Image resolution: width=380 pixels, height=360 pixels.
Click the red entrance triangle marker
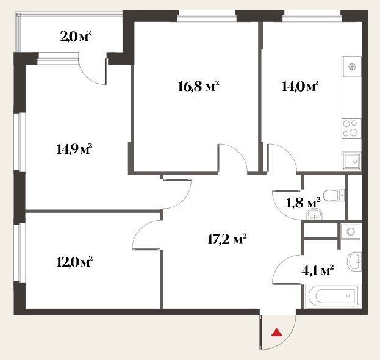point(277,333)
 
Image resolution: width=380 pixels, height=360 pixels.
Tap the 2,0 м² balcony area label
point(76,37)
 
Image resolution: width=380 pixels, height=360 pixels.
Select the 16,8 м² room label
point(198,86)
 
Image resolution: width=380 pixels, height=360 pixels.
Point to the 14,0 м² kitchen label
point(300,86)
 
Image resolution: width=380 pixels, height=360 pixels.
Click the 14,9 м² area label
point(74,149)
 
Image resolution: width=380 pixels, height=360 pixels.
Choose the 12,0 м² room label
point(74,262)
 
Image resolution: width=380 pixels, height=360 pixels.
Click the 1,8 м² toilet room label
point(303,203)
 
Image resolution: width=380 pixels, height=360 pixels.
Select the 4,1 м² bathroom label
point(317,270)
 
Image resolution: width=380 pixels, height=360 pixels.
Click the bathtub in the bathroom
point(332,297)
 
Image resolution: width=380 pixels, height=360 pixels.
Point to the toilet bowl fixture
point(334,195)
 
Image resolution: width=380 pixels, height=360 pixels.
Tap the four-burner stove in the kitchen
point(351,128)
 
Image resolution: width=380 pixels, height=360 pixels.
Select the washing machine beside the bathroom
point(351,231)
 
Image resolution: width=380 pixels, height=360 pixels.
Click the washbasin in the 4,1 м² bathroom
point(354,261)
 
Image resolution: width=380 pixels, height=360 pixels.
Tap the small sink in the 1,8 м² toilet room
point(315,215)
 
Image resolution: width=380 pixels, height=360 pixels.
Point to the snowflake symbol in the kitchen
point(352,67)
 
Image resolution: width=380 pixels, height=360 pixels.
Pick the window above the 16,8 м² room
point(207,16)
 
